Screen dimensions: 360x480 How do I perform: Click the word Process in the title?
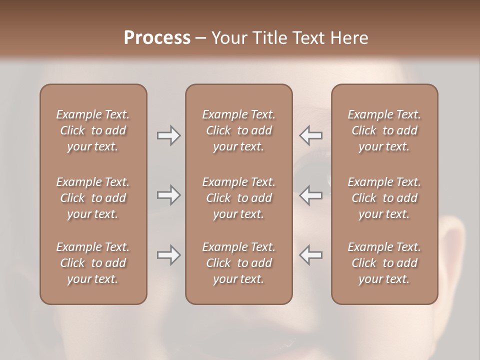point(157,38)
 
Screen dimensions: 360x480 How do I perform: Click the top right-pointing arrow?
point(168,135)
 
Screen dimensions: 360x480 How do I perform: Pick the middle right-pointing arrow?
point(168,195)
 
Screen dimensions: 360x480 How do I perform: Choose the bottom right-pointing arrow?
point(168,255)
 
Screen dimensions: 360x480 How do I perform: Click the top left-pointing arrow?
point(310,135)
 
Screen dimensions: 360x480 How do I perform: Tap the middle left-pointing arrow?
point(310,195)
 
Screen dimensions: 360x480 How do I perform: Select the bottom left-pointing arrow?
point(310,255)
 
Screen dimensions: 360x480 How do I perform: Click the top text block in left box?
point(93,130)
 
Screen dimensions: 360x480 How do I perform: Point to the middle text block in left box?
point(93,198)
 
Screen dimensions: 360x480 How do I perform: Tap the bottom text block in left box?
point(93,263)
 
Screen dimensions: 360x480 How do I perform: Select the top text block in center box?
point(238,130)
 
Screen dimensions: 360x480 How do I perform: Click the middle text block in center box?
point(238,198)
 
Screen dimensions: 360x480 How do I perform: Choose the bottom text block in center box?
point(238,263)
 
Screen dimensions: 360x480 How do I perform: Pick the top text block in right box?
point(384,130)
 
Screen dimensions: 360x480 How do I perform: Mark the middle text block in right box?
point(384,198)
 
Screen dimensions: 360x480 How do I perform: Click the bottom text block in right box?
point(384,263)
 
